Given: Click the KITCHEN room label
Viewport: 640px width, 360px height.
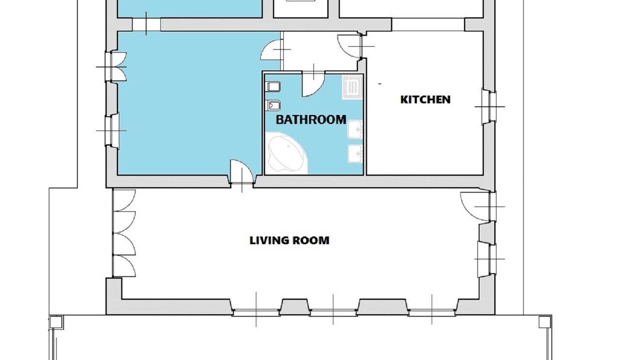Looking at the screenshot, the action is pos(425,99).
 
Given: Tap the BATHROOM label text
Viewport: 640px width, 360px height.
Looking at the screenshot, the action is pos(311,119).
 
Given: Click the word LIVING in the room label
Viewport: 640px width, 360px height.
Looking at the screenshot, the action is pos(267,240).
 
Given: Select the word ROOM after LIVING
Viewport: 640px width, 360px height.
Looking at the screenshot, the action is pos(309,240).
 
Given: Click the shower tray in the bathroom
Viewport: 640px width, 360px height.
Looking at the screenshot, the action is pos(352,87).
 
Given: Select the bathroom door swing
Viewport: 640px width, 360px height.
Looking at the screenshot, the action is pos(313,84).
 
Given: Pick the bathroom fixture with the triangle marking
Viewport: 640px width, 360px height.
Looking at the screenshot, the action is pos(273,106).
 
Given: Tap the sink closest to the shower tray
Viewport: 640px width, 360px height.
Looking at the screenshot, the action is pos(355,129).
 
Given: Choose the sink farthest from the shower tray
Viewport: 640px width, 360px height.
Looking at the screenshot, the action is pos(355,153).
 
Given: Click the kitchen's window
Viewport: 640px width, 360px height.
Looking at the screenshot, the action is pos(489,106).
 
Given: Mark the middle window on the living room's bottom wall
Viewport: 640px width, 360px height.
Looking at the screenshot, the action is pos(333,312).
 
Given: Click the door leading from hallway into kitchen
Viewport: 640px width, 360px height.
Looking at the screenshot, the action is pos(350,46).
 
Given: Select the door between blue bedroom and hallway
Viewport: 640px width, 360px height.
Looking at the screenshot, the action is pos(271,49).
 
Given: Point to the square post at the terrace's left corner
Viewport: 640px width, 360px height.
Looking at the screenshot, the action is pos(55,322).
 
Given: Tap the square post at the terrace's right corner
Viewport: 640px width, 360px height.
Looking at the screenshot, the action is pos(545,322).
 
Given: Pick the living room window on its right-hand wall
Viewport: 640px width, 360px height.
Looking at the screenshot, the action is pos(487,259).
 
